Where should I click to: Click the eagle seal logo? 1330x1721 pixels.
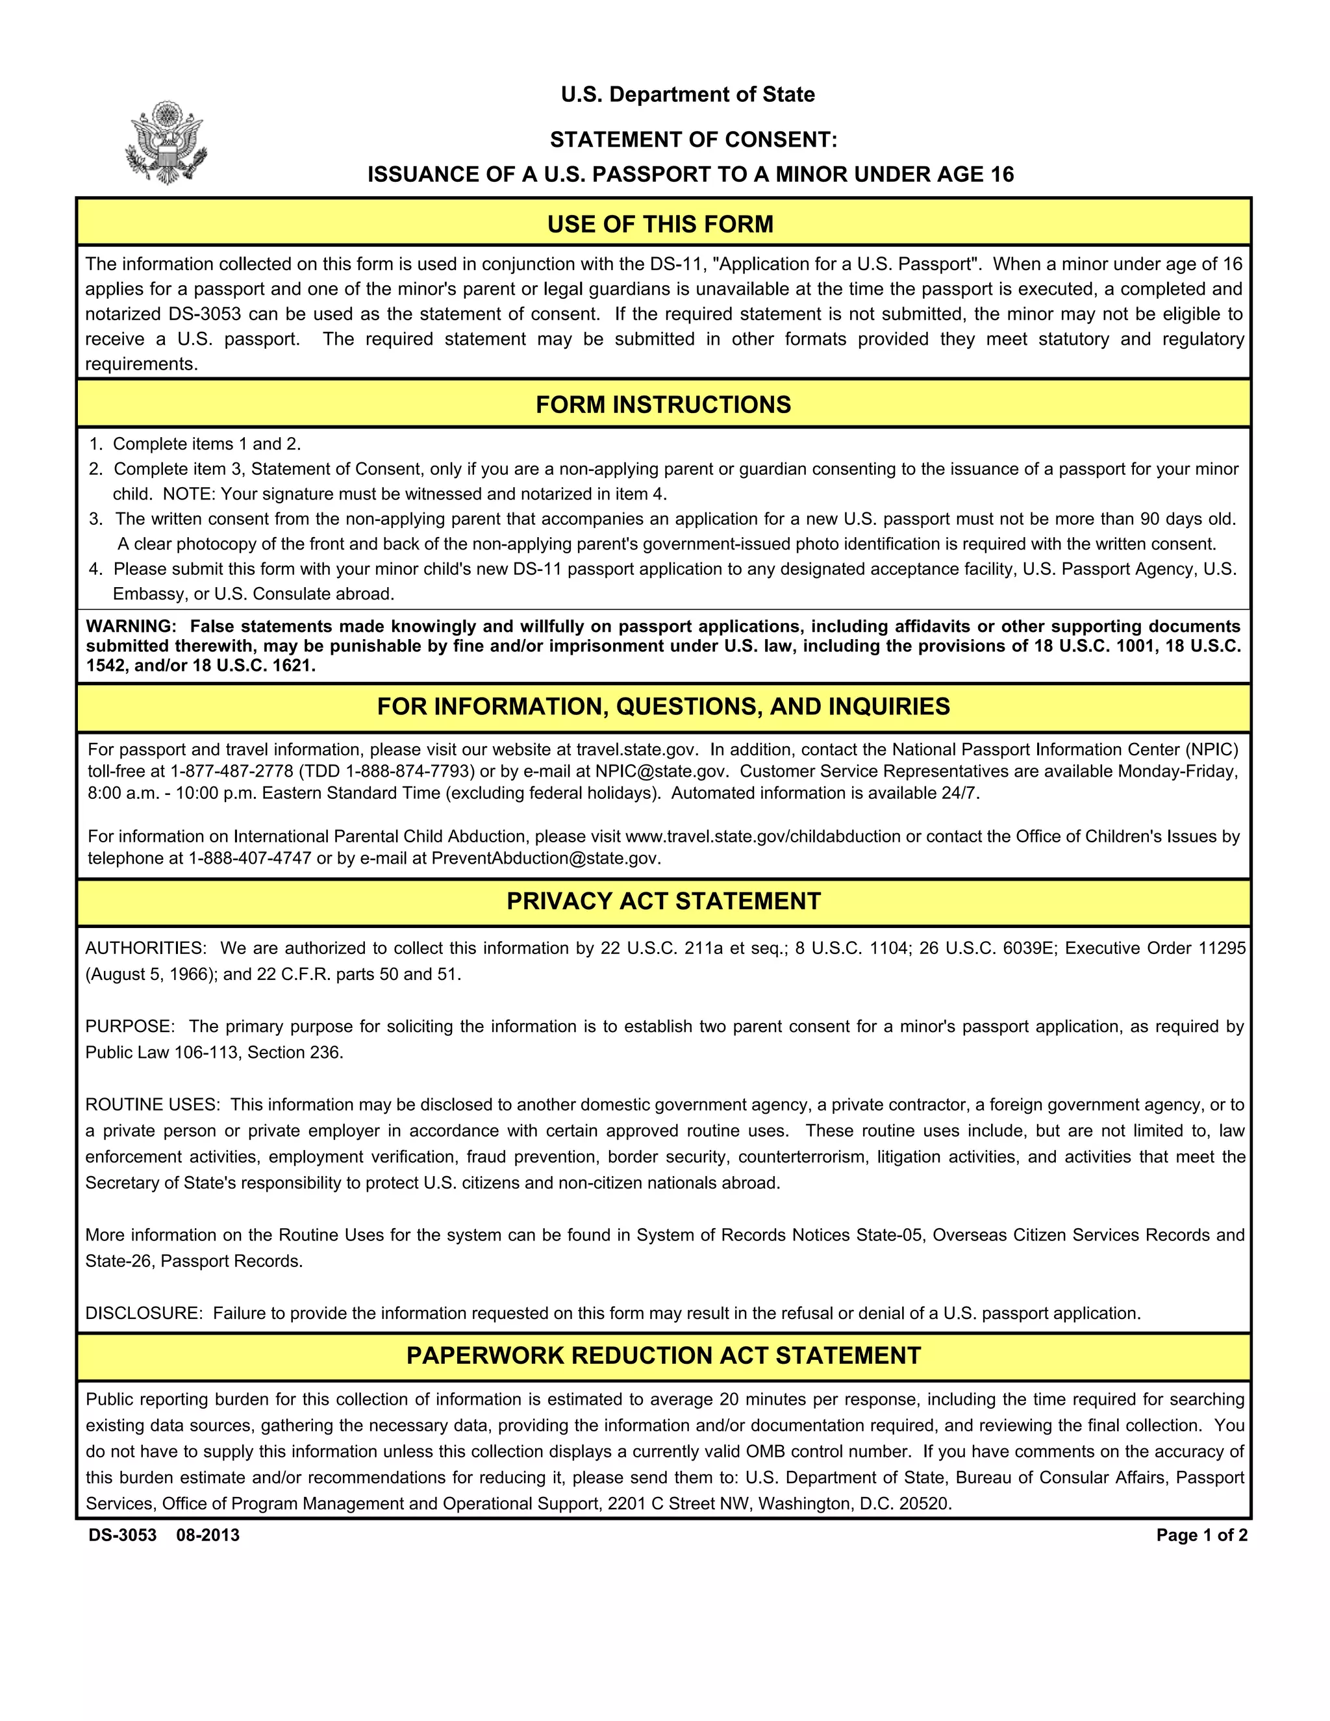166,143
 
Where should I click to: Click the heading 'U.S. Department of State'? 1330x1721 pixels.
687,95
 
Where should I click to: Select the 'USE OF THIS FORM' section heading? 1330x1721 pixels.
660,224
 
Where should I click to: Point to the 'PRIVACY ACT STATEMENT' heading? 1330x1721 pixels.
664,901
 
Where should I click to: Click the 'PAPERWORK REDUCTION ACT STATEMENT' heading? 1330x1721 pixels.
664,1355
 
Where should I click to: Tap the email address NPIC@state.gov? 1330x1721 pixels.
661,772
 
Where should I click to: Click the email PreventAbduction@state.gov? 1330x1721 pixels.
546,858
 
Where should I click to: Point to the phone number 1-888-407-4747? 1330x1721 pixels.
250,858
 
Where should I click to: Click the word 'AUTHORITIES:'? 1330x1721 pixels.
145,948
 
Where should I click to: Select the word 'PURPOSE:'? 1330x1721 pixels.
130,1026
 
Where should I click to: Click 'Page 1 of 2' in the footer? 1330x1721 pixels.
1201,1535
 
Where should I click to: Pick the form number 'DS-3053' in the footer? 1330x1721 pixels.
122,1535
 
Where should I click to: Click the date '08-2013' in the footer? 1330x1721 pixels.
208,1535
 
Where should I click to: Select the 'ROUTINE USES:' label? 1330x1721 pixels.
153,1105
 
